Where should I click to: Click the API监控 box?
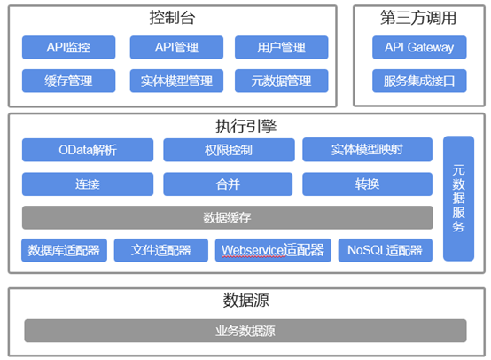click(68, 47)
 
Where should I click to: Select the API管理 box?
click(176, 47)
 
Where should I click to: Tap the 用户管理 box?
click(282, 47)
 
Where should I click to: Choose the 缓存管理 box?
click(68, 81)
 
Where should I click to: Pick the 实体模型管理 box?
click(176, 81)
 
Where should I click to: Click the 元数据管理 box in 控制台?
click(282, 81)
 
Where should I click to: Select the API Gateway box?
click(419, 47)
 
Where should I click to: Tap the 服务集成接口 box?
click(419, 81)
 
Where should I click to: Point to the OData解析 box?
click(88, 150)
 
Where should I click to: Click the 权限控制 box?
click(229, 150)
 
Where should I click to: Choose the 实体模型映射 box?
click(367, 150)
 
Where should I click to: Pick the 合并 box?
click(228, 184)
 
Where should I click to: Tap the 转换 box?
click(367, 184)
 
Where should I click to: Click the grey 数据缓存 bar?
click(228, 217)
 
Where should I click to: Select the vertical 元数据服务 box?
click(458, 199)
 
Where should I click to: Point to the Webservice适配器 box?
click(273, 250)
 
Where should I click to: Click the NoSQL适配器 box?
click(386, 250)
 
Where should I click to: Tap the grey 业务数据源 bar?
click(245, 331)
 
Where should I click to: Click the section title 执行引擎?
click(245, 126)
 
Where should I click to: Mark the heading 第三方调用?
click(418, 18)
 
